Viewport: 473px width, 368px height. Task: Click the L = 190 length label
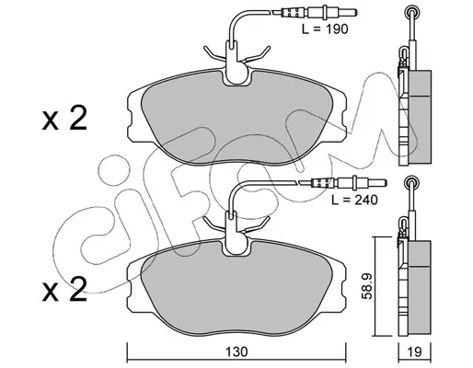325,29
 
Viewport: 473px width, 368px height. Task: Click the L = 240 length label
354,200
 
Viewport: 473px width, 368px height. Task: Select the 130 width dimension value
237,351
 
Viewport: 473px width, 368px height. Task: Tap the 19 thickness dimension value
415,351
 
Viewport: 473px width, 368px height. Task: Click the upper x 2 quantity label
64,119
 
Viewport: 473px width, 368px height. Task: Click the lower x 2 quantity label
64,290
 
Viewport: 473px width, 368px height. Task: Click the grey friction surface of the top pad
236,122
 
